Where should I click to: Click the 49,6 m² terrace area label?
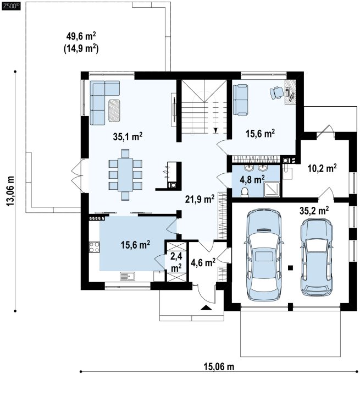pos(81,36)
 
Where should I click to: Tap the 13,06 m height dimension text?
pos(10,191)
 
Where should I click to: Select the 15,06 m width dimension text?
pos(219,366)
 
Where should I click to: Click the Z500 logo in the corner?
pos(11,6)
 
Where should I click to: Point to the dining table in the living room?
pos(125,174)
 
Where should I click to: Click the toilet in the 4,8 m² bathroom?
pos(245,193)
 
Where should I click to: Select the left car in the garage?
pos(264,254)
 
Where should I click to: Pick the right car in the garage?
pos(317,257)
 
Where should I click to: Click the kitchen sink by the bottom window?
pos(128,276)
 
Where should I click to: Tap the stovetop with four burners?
pos(95,247)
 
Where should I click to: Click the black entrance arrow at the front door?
pos(207,307)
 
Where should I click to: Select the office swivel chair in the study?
pos(275,93)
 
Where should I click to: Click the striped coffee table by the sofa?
pos(114,111)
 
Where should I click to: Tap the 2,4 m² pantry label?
pos(176,262)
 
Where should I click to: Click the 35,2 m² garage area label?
pos(314,211)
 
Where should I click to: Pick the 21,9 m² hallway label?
pos(200,199)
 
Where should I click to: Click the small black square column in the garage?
pos(290,267)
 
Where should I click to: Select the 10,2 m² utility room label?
pos(322,168)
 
